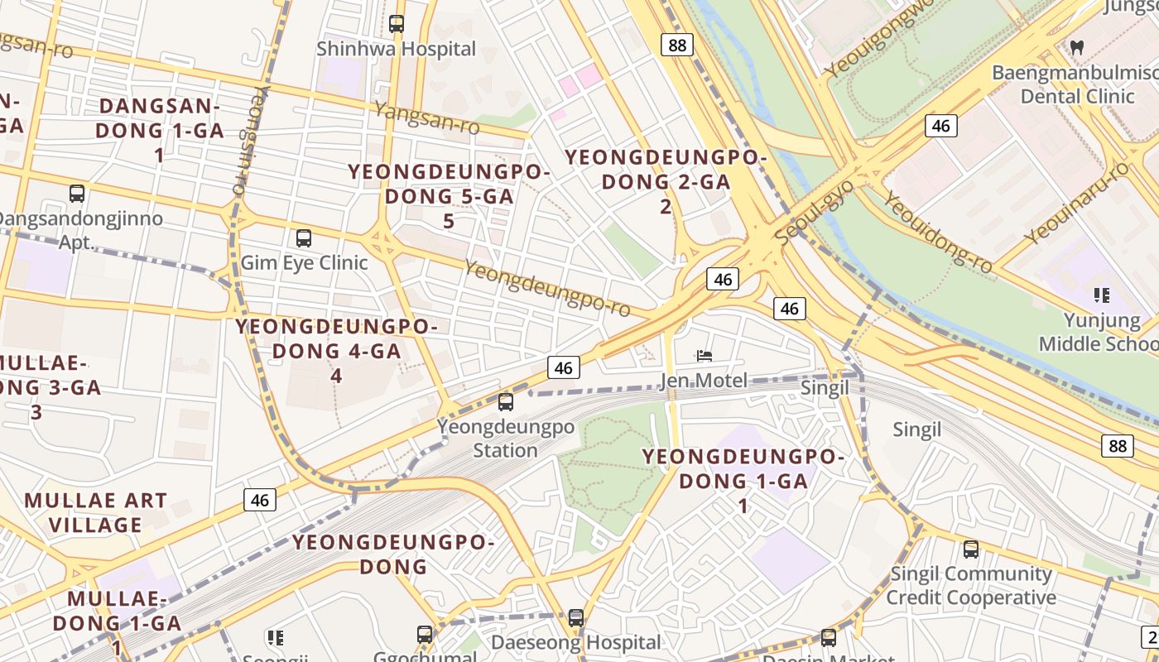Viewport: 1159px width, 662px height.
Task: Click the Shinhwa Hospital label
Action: click(x=396, y=50)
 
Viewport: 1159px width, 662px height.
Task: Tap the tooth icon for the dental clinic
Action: click(x=1076, y=47)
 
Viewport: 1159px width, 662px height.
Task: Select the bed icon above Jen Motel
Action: click(x=704, y=356)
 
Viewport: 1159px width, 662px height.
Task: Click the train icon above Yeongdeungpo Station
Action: click(x=505, y=402)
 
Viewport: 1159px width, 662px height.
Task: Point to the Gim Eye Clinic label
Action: click(x=304, y=263)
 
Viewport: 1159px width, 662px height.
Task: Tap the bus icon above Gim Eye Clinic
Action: click(x=304, y=238)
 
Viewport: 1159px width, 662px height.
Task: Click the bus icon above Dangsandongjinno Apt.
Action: click(x=77, y=194)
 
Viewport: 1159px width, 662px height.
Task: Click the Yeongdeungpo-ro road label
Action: click(x=547, y=288)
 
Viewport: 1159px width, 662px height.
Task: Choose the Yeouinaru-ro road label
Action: click(x=1075, y=203)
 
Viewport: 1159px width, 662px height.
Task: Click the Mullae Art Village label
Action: click(x=96, y=513)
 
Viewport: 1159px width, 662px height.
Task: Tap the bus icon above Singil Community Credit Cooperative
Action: click(x=970, y=549)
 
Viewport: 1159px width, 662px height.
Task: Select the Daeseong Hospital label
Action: click(x=576, y=642)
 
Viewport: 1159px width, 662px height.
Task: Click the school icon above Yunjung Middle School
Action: click(x=1101, y=295)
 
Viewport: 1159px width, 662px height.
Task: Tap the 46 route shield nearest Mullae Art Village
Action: click(x=260, y=500)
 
